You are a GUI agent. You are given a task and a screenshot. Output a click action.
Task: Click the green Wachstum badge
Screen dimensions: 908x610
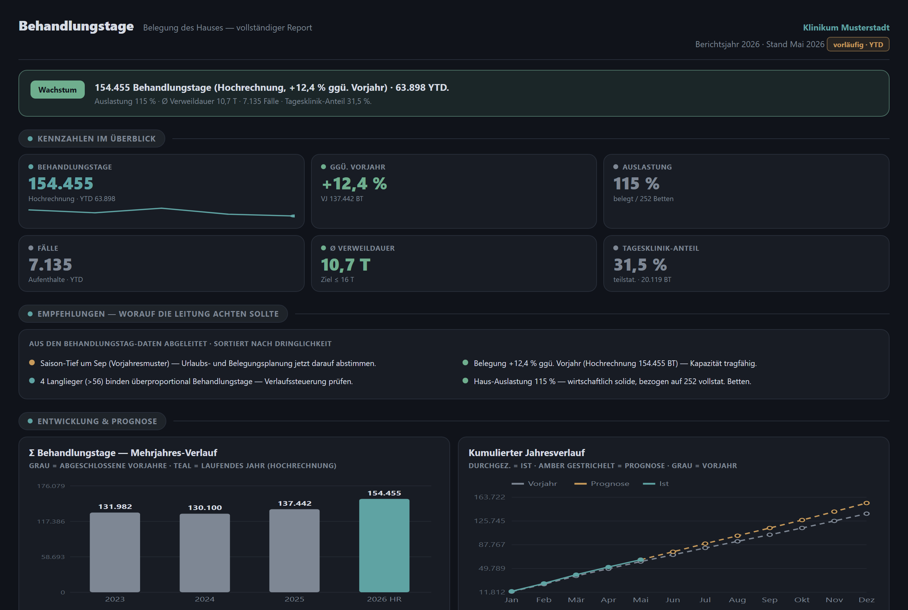[57, 89]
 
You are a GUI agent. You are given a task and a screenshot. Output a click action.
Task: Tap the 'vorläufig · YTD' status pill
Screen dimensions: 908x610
[858, 44]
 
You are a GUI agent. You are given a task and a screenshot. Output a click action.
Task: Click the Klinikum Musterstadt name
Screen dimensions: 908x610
[846, 28]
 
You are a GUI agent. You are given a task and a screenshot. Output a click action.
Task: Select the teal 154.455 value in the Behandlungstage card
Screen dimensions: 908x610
[61, 184]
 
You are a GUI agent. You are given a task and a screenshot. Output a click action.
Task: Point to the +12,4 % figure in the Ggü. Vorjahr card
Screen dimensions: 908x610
[354, 184]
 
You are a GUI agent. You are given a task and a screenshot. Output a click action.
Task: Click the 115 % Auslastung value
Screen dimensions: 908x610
[636, 184]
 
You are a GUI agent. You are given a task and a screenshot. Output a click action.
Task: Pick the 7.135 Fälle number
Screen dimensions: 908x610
[50, 265]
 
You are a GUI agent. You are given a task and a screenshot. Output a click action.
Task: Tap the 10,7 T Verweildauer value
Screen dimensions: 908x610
[345, 265]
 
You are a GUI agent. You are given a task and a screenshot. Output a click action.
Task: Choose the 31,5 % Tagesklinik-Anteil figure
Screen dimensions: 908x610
[640, 265]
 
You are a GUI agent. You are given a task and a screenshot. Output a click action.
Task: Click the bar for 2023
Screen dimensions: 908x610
[115, 553]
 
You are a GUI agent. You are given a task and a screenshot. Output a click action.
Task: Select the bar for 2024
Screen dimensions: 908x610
[205, 553]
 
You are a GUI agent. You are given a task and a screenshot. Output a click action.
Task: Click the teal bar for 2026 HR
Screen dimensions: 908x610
[384, 545]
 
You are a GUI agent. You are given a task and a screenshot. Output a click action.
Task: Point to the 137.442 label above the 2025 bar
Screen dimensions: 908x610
[294, 503]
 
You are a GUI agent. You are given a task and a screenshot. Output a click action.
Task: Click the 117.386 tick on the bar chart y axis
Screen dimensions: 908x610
[51, 521]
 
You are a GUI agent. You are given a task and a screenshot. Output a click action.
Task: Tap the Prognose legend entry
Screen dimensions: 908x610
[602, 483]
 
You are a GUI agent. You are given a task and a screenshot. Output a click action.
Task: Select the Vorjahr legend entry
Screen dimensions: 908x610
[534, 483]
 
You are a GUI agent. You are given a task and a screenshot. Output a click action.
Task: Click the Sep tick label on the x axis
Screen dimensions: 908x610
[770, 600]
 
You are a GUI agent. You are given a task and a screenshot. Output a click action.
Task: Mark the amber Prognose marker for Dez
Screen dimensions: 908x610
[867, 503]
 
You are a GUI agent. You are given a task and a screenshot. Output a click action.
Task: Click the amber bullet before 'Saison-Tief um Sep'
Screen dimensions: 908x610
[32, 362]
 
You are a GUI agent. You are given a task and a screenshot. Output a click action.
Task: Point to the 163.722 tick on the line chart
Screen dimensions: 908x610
[489, 497]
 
